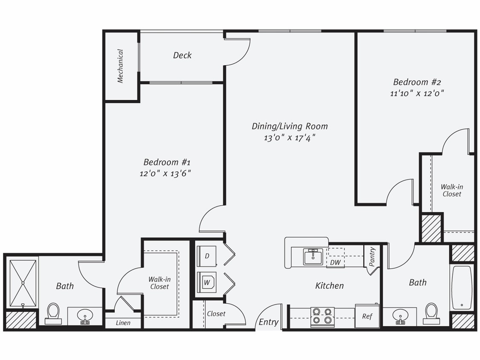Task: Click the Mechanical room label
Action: point(120,66)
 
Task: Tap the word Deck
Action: point(182,55)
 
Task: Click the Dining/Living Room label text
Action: point(289,126)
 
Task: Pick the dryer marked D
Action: point(207,256)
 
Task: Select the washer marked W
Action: point(207,282)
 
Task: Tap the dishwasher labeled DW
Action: point(336,262)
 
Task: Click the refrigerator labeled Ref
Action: point(367,316)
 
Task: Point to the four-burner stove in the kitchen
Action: point(322,316)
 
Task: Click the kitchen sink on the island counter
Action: point(313,257)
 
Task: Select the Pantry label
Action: point(372,257)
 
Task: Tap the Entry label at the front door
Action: point(268,322)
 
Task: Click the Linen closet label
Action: point(123,323)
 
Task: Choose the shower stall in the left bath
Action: point(23,283)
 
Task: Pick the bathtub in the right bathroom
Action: point(462,287)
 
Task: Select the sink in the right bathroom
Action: point(400,316)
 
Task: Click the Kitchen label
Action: point(329,286)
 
